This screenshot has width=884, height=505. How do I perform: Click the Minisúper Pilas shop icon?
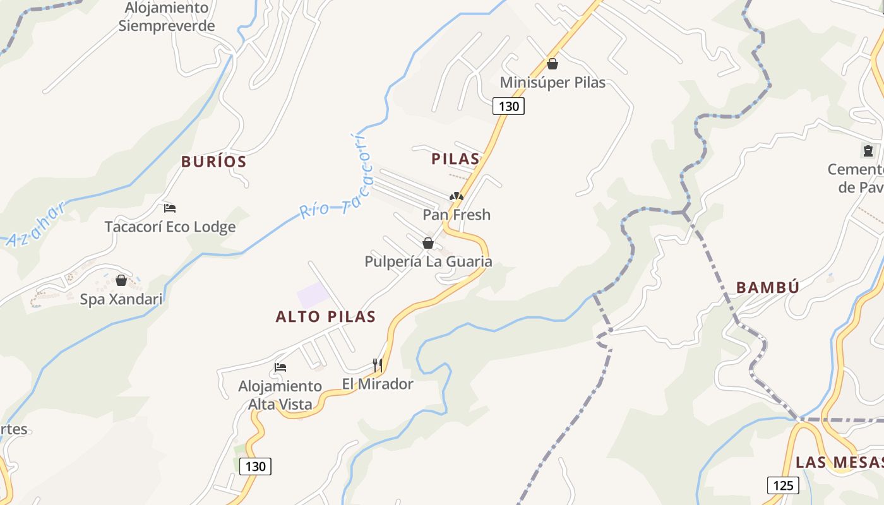(x=552, y=64)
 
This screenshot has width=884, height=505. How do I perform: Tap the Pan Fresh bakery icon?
(x=456, y=196)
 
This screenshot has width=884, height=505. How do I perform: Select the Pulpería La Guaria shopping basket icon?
(x=428, y=243)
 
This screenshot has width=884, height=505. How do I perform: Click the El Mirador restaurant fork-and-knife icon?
(x=378, y=365)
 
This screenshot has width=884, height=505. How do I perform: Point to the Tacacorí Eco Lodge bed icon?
(x=169, y=208)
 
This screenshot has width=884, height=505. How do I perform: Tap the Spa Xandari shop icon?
(x=121, y=280)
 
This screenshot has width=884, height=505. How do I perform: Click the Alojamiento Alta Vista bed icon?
(x=280, y=367)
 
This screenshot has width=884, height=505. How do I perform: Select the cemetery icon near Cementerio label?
(x=868, y=151)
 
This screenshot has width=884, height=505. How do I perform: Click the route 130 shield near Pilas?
(x=508, y=106)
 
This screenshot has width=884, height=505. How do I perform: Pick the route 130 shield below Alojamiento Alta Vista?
(x=255, y=466)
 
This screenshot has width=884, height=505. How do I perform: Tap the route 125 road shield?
(x=782, y=485)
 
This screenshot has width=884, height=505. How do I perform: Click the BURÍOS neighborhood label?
(x=213, y=162)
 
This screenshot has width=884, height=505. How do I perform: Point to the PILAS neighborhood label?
(x=455, y=159)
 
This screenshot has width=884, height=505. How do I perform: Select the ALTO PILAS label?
(x=326, y=317)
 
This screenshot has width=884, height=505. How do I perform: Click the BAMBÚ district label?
(x=768, y=288)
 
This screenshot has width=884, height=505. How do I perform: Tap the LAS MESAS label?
(x=839, y=462)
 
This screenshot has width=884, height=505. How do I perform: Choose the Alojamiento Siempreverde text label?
(x=167, y=17)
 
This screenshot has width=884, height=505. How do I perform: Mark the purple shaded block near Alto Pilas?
(x=313, y=295)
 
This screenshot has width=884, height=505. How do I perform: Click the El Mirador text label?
(x=378, y=384)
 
